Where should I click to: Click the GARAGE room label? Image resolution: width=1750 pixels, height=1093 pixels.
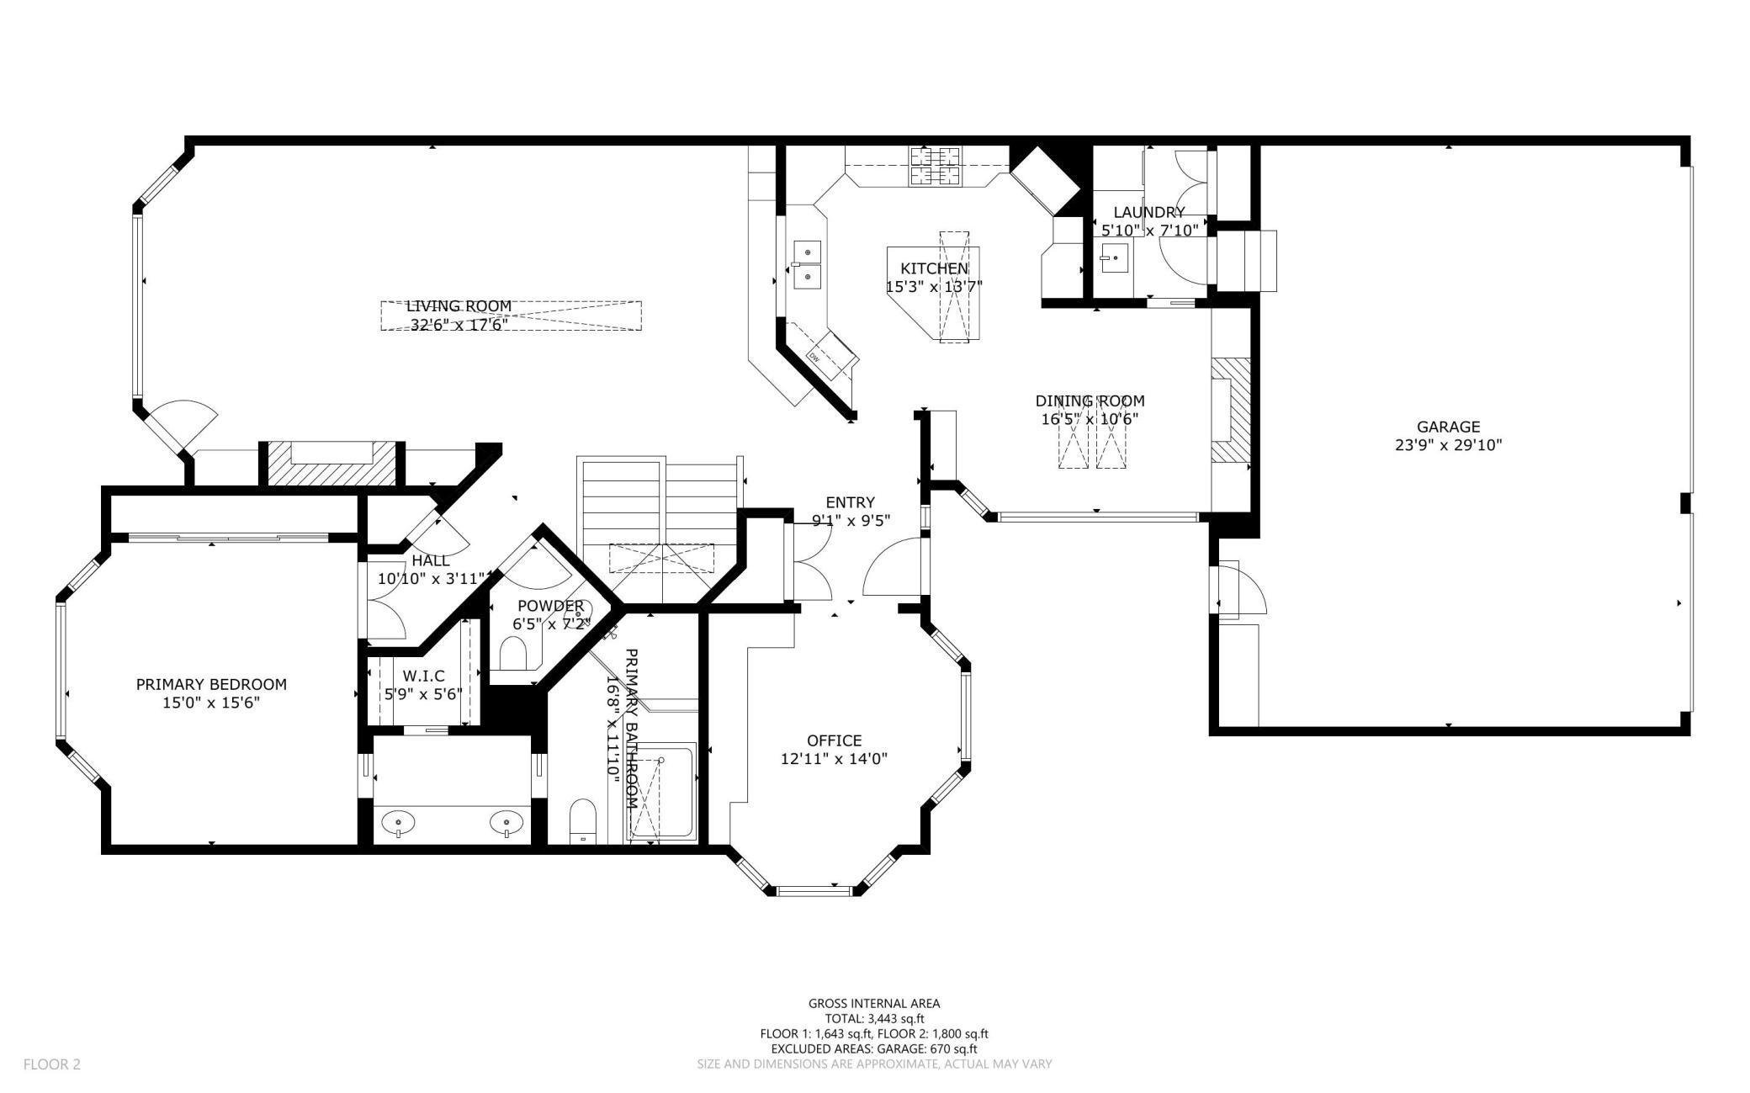click(1447, 427)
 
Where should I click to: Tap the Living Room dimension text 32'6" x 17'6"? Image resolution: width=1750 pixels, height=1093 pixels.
click(459, 325)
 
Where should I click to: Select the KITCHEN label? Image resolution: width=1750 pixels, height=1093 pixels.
click(934, 268)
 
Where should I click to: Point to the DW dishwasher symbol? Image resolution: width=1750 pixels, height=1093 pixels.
click(814, 357)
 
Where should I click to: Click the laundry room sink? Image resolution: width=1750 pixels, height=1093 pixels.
click(1114, 258)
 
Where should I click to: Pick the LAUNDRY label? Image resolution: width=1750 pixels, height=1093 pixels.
click(1149, 212)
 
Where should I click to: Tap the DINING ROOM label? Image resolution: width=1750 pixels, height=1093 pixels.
click(1090, 401)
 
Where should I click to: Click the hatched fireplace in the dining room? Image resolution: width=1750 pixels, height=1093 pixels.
click(1230, 411)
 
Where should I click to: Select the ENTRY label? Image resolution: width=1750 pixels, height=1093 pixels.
click(850, 502)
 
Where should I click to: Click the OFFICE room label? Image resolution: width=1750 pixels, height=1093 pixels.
click(834, 740)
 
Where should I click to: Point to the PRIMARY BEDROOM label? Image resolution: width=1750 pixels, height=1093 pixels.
click(211, 684)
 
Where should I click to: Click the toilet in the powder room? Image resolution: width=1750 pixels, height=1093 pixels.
click(513, 652)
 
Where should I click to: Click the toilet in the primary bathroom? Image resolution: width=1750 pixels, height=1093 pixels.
click(582, 821)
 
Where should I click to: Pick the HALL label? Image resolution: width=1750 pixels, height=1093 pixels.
click(430, 560)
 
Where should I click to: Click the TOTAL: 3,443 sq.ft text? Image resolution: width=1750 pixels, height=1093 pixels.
click(874, 1018)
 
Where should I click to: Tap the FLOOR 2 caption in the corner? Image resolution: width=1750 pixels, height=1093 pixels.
click(52, 1064)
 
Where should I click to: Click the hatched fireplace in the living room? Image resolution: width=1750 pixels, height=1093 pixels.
click(331, 464)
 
